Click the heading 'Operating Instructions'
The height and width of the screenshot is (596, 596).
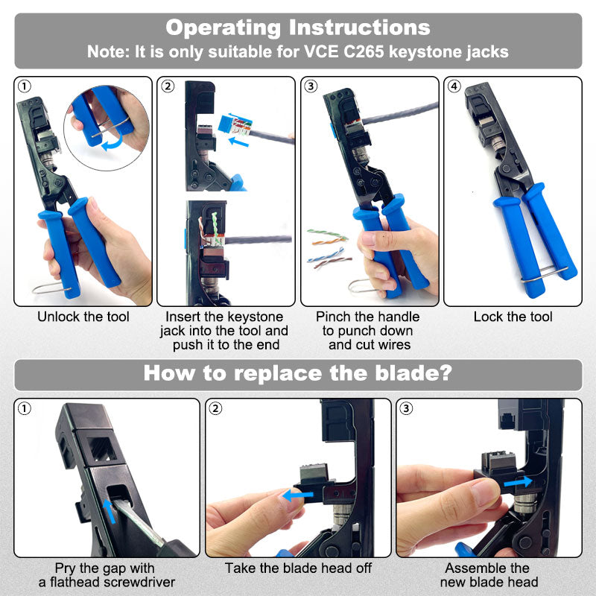297,28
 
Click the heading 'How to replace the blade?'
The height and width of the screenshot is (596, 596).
297,372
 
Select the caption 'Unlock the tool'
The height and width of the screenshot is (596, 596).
83,317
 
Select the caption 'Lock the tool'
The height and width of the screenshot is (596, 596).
513,317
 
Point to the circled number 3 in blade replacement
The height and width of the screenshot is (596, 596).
407,408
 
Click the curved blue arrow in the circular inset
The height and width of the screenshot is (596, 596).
112,145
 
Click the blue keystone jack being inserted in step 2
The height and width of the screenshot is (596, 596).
235,124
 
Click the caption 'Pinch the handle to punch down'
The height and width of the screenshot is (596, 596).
367,324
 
